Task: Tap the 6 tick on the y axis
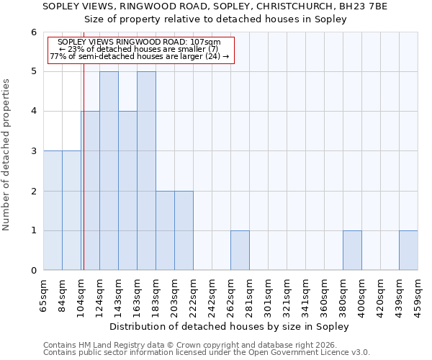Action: (33, 32)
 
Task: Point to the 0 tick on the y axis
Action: (33, 271)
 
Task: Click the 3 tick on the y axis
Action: (33, 151)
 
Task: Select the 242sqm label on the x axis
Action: (212, 294)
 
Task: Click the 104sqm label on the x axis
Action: (81, 294)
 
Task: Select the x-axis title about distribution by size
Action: (230, 326)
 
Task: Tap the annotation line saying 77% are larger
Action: (140, 56)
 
